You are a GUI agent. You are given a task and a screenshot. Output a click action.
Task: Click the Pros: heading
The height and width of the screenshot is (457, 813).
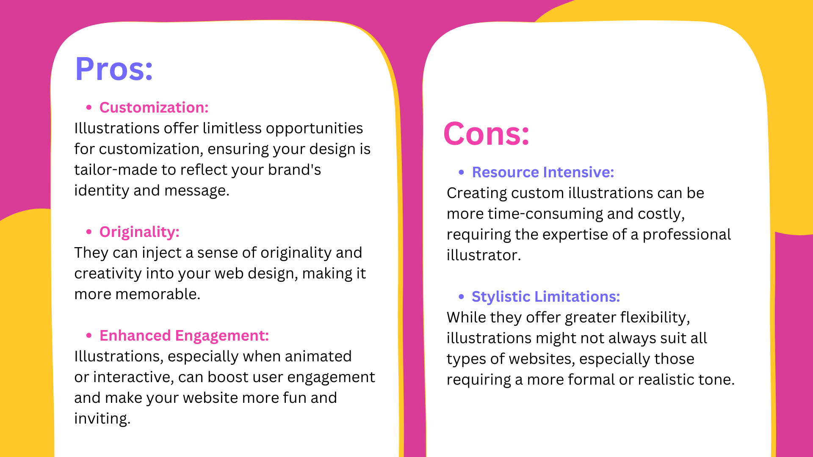tap(114, 69)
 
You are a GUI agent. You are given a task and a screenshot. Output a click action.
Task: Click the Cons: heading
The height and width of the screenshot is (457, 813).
tap(487, 134)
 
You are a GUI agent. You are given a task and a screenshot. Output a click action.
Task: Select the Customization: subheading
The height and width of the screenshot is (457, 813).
tap(154, 107)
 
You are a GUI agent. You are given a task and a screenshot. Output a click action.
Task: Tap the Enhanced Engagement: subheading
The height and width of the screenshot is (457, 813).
tap(184, 336)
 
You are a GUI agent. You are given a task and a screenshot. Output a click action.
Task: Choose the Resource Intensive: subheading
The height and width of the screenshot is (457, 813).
tap(543, 172)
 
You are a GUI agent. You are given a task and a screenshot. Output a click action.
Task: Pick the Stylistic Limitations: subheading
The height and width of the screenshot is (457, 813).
tap(546, 297)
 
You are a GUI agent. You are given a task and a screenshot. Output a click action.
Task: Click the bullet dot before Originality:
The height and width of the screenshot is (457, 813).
tap(89, 232)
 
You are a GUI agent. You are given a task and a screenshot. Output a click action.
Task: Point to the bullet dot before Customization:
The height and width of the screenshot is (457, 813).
tap(89, 107)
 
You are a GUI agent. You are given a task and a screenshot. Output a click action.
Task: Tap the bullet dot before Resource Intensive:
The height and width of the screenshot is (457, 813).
tap(462, 172)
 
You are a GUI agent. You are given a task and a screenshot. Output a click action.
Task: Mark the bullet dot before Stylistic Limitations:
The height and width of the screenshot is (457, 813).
tap(462, 297)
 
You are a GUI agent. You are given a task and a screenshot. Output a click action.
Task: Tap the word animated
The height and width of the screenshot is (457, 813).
tap(318, 356)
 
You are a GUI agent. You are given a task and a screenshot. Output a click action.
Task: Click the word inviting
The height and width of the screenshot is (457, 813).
tap(102, 419)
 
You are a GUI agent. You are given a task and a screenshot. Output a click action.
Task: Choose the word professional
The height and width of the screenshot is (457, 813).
tap(687, 235)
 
